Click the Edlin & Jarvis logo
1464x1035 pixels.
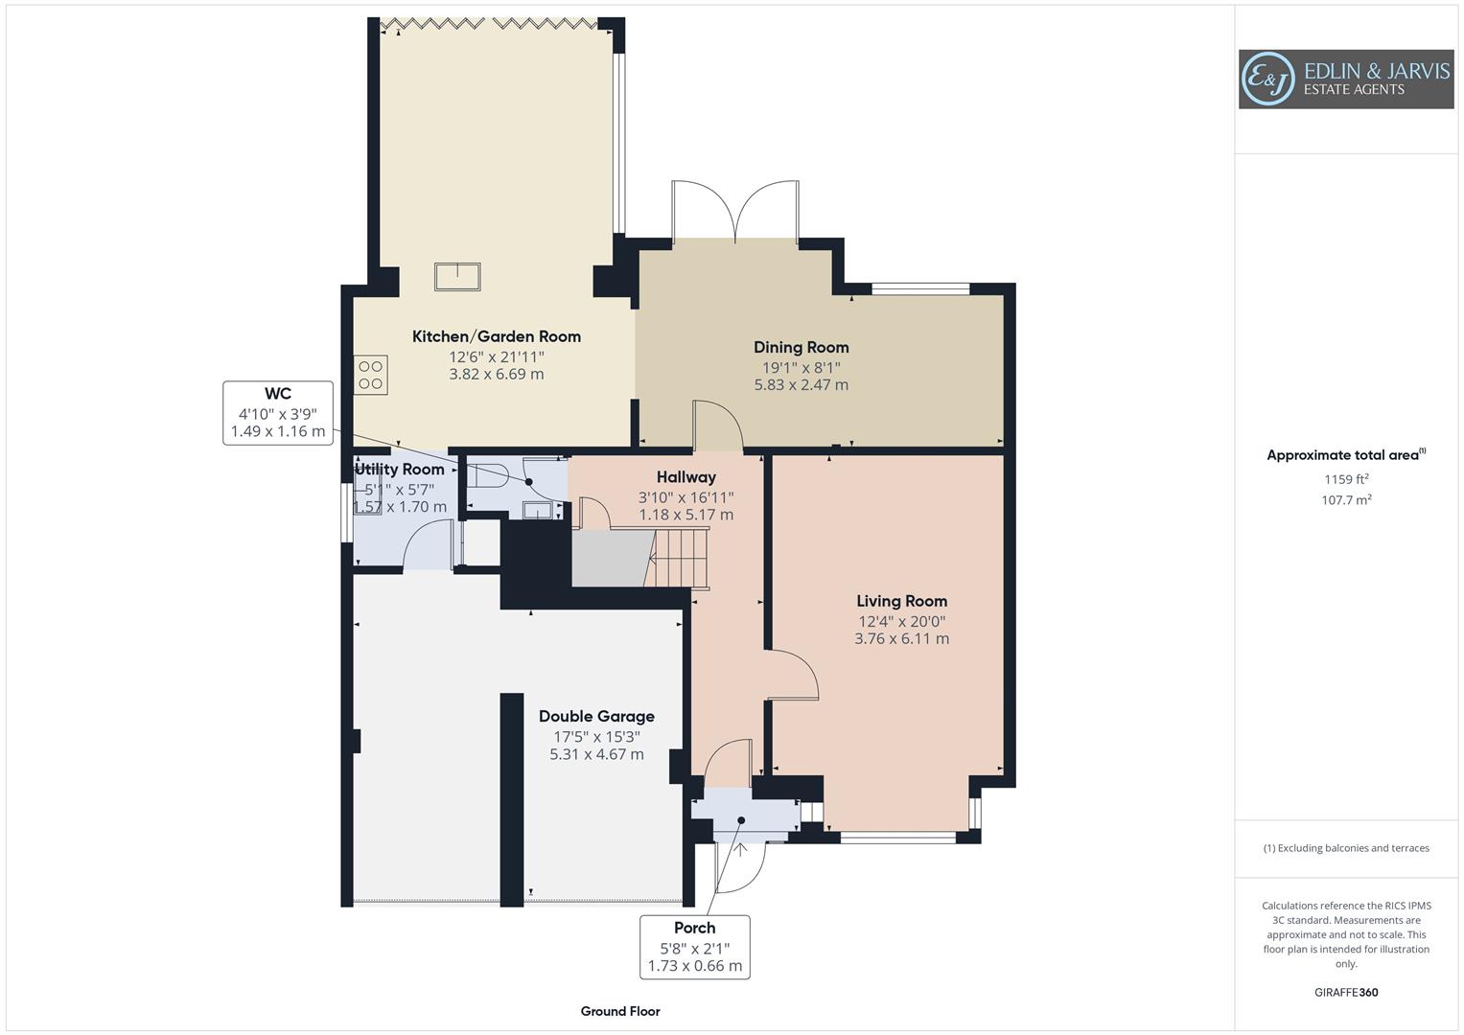[1345, 79]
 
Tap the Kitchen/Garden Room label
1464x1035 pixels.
[497, 336]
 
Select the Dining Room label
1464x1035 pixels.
[801, 347]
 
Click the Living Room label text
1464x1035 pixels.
[901, 601]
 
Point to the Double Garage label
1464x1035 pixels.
[596, 716]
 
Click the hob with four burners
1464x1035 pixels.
[371, 374]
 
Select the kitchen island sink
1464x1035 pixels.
[457, 277]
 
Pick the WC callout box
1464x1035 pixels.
[278, 413]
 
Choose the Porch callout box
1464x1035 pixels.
[695, 947]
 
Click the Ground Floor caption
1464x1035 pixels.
[620, 1011]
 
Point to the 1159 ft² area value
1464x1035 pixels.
[1346, 479]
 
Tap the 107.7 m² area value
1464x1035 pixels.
[1346, 499]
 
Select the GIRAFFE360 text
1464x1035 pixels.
[1346, 993]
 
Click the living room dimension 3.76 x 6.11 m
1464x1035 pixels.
[901, 638]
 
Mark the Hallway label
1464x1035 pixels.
[686, 476]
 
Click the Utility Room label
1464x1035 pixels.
[400, 469]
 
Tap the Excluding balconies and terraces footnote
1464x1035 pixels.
[1346, 848]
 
